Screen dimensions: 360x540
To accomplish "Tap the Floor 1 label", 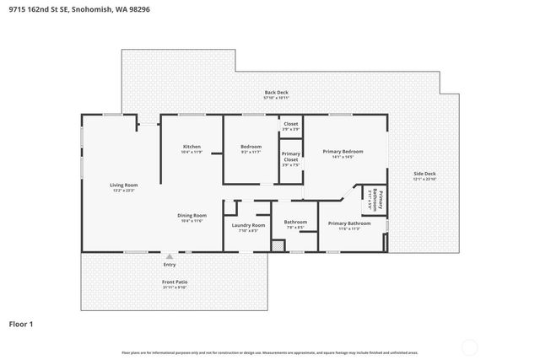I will click(22, 323).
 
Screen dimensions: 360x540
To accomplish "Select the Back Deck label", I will click(275, 93).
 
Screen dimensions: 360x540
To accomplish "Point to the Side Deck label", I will click(424, 174).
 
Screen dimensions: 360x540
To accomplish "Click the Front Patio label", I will click(175, 281).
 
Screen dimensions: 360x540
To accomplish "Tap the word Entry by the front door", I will click(170, 265).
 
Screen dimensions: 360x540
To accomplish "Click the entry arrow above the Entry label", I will click(170, 256).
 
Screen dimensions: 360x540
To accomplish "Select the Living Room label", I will click(123, 185).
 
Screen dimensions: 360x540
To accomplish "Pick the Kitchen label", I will click(192, 147).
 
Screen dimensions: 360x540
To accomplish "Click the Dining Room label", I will click(192, 215).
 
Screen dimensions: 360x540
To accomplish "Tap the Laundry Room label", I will click(248, 225).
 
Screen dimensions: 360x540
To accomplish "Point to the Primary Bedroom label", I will click(343, 151).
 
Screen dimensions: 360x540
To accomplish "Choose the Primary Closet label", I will click(290, 156).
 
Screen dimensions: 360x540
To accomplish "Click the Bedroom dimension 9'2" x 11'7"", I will click(251, 153).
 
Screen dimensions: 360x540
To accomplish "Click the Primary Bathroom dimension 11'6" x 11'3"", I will click(343, 228).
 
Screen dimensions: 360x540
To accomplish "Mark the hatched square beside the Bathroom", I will click(275, 245).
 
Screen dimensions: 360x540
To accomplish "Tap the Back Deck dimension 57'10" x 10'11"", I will click(275, 99).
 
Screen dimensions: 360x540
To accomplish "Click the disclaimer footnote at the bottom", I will click(269, 352).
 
